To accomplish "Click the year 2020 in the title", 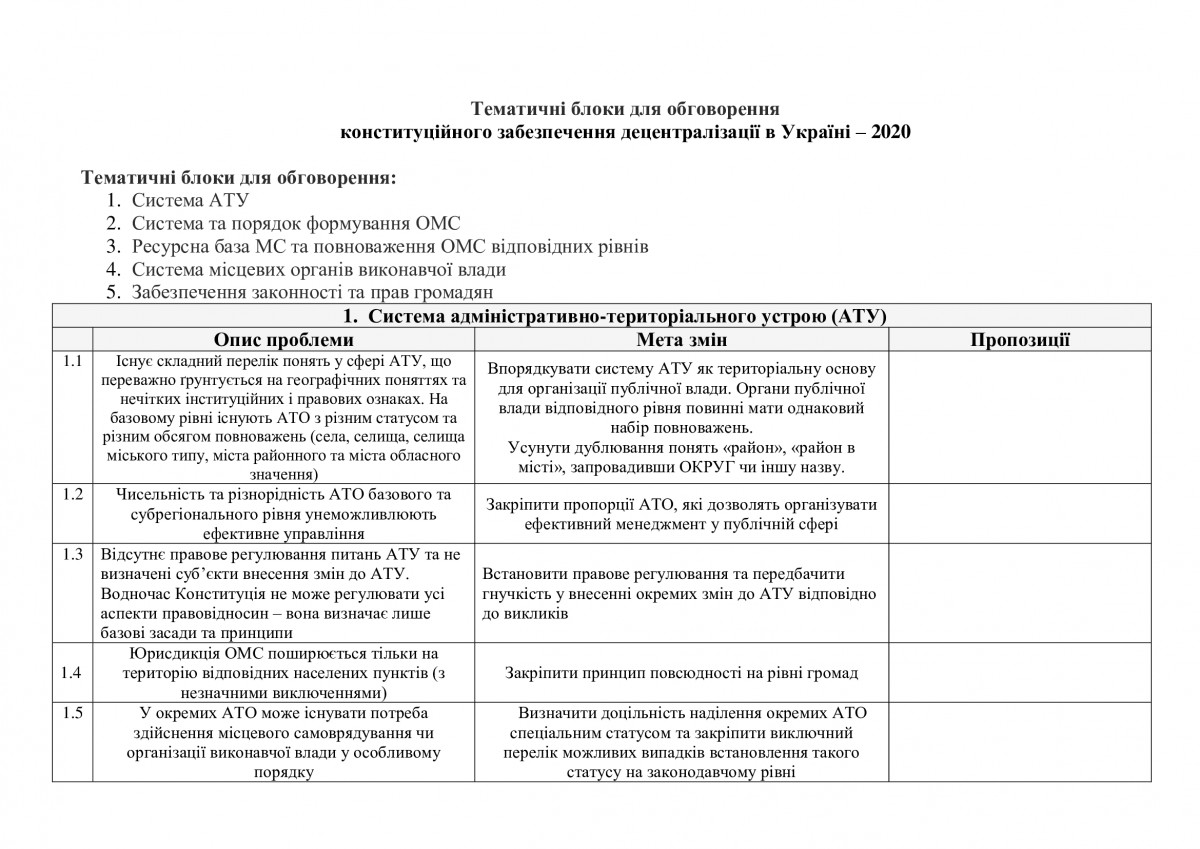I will click(x=890, y=130).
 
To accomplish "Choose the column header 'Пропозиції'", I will click(x=1020, y=340).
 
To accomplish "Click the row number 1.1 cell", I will click(x=72, y=361).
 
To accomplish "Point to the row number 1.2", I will click(x=72, y=495).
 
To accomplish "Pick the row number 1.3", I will click(x=72, y=555).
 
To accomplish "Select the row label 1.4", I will click(x=72, y=672).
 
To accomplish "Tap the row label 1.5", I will click(x=72, y=713).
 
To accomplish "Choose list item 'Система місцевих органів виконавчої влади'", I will click(x=319, y=269).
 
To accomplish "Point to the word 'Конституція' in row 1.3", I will click(x=237, y=594).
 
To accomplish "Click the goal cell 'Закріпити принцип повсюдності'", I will click(x=682, y=673).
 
